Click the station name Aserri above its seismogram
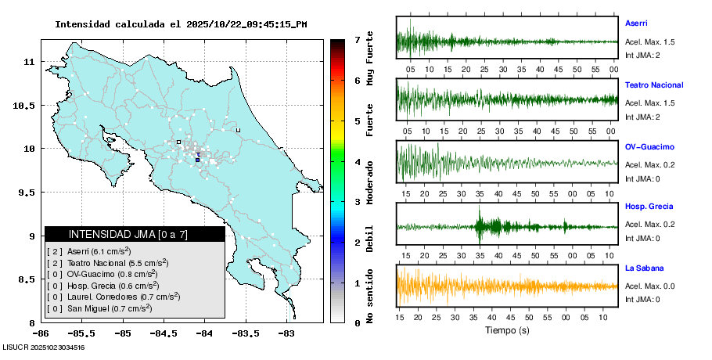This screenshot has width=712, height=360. [636, 23]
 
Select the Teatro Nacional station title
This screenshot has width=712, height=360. [654, 85]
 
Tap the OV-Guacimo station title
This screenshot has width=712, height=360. [649, 147]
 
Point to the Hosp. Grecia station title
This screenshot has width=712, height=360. [648, 207]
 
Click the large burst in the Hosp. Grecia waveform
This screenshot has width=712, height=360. [491, 226]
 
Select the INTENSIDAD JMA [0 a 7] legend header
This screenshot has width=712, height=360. [135, 234]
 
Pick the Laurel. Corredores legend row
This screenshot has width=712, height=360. [113, 297]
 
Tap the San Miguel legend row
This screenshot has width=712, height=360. [99, 308]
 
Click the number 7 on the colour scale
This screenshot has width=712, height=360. [356, 39]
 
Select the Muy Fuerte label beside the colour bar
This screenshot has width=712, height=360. [369, 58]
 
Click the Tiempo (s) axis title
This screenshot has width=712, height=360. [507, 330]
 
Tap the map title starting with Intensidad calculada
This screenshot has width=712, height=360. [181, 24]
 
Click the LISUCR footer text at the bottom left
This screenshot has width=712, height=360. [43, 347]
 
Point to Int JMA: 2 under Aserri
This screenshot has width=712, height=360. [642, 55]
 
